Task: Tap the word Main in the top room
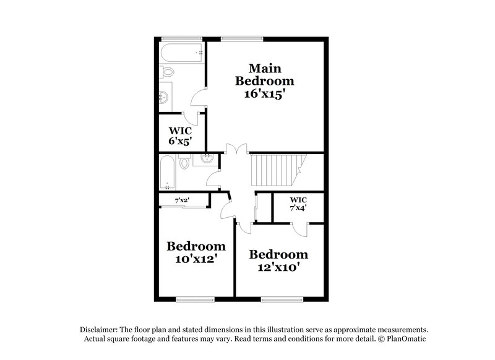pos(263,67)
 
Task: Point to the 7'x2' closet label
pos(182,200)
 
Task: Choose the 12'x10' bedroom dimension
pos(278,268)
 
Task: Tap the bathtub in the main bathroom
pos(182,52)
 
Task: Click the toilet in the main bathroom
pos(166,73)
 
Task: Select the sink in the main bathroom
pos(164,97)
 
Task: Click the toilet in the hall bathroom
pos(184,164)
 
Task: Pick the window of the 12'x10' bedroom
pos(278,300)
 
